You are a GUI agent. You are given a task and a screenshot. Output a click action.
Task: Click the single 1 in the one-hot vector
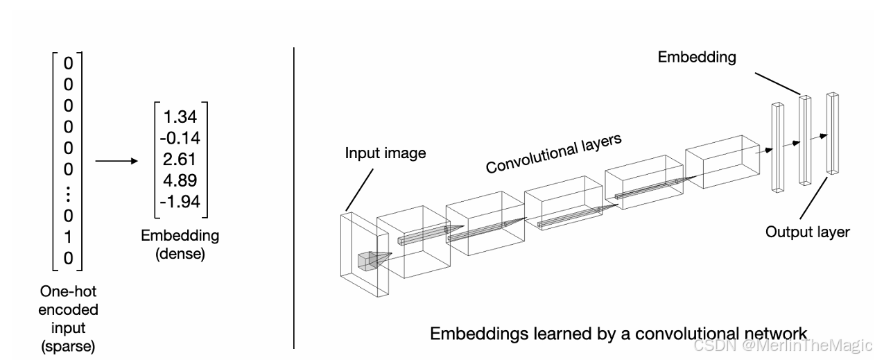click(x=68, y=238)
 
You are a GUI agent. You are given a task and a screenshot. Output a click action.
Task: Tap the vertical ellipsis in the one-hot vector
click(x=68, y=195)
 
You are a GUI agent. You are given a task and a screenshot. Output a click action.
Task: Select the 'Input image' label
click(x=385, y=152)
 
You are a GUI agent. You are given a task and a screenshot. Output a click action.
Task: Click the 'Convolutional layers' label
click(x=553, y=153)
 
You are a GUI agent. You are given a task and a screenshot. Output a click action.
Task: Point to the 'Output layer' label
click(x=807, y=232)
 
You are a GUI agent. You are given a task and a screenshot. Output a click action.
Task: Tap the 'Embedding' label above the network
click(x=697, y=58)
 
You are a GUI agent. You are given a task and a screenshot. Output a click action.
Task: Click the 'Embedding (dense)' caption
click(x=180, y=244)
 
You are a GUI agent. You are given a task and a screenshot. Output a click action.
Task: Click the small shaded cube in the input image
click(x=366, y=261)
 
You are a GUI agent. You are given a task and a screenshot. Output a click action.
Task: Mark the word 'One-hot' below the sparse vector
click(x=68, y=292)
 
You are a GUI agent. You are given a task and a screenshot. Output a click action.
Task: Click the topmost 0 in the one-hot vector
click(x=68, y=63)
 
